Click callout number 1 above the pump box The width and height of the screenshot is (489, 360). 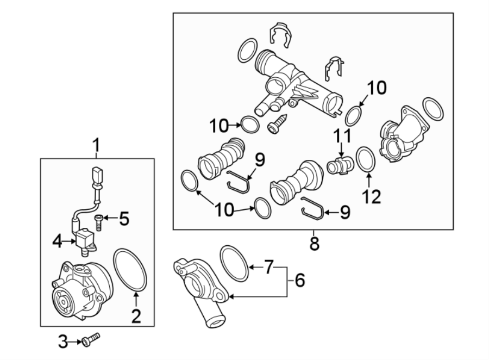(x=96, y=146)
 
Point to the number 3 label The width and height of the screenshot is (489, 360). (x=63, y=342)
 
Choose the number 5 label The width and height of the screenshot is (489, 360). (x=124, y=219)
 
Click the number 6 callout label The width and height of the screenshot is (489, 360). (x=300, y=281)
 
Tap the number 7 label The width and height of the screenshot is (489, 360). (x=268, y=267)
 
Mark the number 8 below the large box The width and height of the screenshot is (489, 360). (x=314, y=243)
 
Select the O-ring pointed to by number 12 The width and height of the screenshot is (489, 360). (x=366, y=160)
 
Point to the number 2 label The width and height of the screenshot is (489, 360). (x=136, y=315)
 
